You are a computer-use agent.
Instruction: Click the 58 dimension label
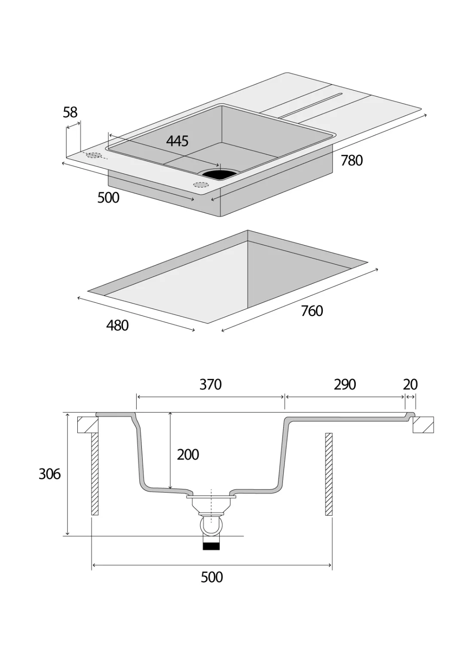70,112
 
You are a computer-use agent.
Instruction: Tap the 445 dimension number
177,141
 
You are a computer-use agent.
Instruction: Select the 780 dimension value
352,161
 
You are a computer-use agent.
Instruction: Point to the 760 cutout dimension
312,311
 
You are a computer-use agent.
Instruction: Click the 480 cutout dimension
117,326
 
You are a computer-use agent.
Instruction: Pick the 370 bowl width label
210,384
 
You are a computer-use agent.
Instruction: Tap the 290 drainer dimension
345,384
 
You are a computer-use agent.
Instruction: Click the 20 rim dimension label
410,384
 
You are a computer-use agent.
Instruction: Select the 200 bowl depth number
188,455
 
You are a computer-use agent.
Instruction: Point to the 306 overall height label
49,474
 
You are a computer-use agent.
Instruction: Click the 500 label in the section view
212,577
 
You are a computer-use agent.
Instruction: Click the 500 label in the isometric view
108,198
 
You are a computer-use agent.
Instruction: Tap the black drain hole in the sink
219,174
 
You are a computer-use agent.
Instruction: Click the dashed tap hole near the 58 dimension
94,155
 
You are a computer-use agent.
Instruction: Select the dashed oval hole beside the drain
200,185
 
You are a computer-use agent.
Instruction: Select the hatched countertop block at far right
423,425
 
